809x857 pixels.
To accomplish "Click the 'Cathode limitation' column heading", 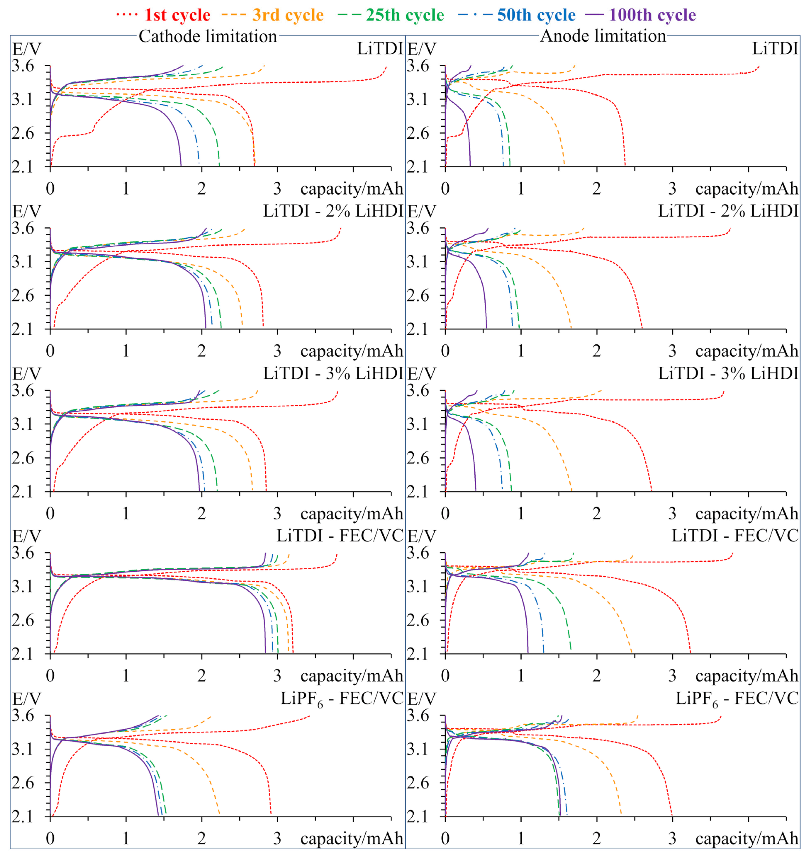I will tap(207, 36).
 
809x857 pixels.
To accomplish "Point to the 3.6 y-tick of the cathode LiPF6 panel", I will tap(22, 716).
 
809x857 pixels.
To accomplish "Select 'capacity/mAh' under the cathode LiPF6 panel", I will tap(351, 839).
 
